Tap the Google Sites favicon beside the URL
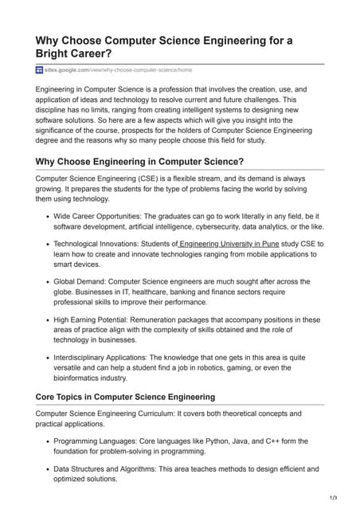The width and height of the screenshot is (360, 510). click(40, 70)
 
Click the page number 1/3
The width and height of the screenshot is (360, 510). click(334, 498)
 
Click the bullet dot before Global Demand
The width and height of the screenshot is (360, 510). click(47, 282)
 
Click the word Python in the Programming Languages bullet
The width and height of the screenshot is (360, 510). click(207, 441)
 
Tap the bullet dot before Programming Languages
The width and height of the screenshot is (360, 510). click(47, 441)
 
